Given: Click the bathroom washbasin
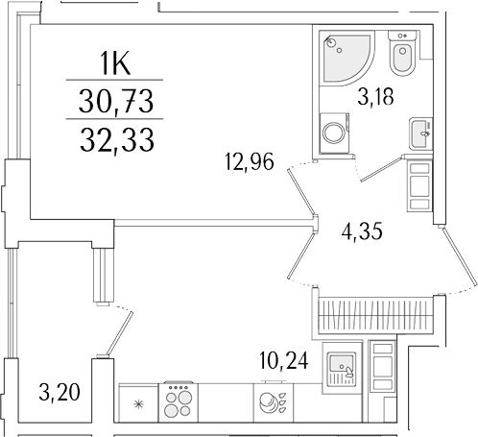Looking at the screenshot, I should (420, 132).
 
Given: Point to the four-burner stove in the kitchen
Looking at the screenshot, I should (179, 401).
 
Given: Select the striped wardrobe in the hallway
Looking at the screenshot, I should (376, 313).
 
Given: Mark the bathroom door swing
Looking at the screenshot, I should (380, 171).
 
